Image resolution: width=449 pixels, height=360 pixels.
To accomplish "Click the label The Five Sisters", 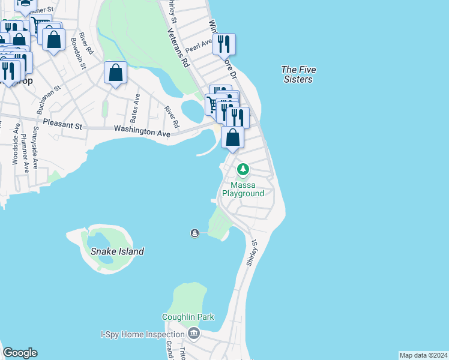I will [x=298, y=74].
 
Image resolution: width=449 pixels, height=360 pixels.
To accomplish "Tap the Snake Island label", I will [x=117, y=251].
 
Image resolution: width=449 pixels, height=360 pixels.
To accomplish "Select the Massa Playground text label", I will [x=243, y=189].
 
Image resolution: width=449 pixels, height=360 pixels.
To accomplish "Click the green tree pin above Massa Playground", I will [x=243, y=170].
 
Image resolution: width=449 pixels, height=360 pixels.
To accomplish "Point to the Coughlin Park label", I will [x=187, y=317].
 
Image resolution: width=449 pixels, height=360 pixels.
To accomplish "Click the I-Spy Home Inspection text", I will [x=142, y=334].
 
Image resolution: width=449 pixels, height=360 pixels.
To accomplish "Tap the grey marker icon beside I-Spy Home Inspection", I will [x=194, y=333].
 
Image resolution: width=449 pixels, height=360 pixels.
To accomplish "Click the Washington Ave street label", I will [x=142, y=130].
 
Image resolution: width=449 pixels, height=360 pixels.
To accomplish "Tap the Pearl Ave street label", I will [x=199, y=45].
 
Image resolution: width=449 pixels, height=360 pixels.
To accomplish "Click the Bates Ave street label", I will [x=137, y=106].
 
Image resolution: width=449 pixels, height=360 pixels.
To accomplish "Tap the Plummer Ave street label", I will [x=25, y=157].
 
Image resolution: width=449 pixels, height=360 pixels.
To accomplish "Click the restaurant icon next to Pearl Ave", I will [x=224, y=44].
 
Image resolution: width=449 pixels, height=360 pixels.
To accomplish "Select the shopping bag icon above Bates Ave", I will [x=115, y=73].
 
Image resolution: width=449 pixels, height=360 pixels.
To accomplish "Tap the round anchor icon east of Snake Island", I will [x=194, y=233].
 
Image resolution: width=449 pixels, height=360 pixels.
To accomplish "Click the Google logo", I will [x=20, y=353].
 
